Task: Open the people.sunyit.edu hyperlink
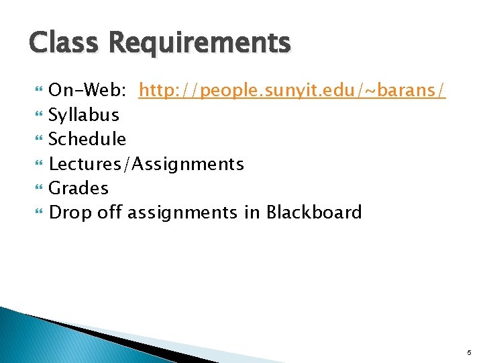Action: pyautogui.click(x=292, y=90)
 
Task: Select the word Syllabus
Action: pyautogui.click(x=84, y=115)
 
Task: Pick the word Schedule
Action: pyautogui.click(x=87, y=139)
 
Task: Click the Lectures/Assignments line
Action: pyautogui.click(x=146, y=164)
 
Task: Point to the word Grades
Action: pyautogui.click(x=78, y=188)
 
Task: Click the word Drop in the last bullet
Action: pyautogui.click(x=69, y=213)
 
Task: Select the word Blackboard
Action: pyautogui.click(x=314, y=213)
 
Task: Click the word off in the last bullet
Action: pyautogui.click(x=109, y=213)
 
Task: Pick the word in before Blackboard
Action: pyautogui.click(x=252, y=213)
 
